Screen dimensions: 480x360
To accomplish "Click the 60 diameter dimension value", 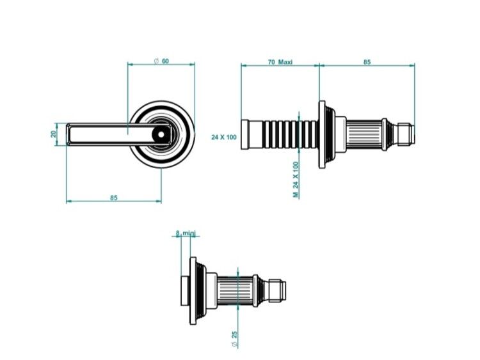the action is [165, 61].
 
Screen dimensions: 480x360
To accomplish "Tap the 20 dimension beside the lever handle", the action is [54, 134].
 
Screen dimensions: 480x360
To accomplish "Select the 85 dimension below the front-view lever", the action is [114, 198].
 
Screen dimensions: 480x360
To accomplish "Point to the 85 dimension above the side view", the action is [367, 62].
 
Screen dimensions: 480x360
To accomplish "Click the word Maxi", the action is [285, 62].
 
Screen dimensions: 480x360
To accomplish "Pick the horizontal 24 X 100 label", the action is [224, 137].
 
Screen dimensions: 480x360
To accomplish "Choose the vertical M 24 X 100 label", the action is [296, 180].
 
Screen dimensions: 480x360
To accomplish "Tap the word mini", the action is [189, 233].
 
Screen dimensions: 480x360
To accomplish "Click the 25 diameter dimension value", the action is [234, 334].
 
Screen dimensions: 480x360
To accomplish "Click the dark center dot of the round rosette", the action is [161, 134].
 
